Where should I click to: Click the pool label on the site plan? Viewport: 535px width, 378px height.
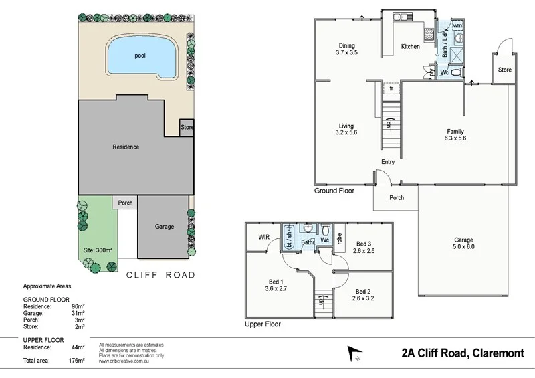[140, 56]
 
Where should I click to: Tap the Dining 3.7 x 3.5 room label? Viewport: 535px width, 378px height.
[346, 49]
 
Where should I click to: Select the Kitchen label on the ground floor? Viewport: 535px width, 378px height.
[410, 46]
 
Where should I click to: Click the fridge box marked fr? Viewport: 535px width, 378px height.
[391, 88]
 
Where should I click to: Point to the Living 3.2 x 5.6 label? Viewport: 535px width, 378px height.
[346, 130]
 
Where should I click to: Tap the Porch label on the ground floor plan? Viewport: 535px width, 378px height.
[397, 197]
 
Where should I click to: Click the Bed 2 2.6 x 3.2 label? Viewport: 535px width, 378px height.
[362, 295]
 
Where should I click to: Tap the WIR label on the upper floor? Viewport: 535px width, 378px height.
[263, 237]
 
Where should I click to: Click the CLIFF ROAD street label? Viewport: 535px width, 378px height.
[160, 275]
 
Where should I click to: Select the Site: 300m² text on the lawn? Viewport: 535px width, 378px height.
[98, 250]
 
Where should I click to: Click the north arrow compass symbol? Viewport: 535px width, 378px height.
[354, 353]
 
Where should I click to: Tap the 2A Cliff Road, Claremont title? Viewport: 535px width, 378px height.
[462, 353]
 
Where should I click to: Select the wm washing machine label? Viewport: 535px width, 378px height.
[457, 25]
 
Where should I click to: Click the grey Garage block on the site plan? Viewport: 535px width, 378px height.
[164, 227]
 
